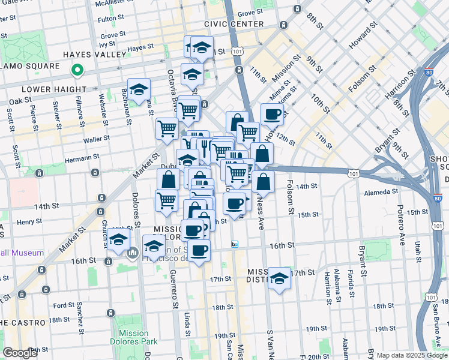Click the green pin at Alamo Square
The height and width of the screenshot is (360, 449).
(x=77, y=71)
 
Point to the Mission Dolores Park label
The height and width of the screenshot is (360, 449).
(x=134, y=337)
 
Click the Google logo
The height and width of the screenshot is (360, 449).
(x=20, y=353)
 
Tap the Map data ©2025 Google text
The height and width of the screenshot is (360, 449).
(x=412, y=355)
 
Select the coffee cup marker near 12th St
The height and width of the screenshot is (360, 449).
(x=271, y=113)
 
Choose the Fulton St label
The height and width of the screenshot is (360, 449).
(x=110, y=19)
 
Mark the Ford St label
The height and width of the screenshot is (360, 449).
(x=64, y=305)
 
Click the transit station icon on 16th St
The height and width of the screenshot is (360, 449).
(x=235, y=245)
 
